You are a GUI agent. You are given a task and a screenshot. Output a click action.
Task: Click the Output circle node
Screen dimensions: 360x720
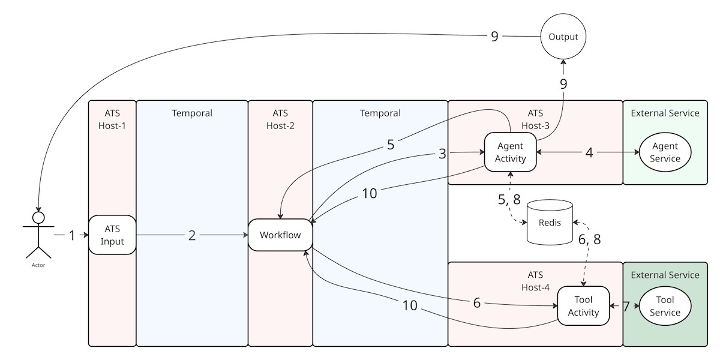(563, 37)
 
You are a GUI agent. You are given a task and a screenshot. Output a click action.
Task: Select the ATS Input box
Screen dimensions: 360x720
(112, 236)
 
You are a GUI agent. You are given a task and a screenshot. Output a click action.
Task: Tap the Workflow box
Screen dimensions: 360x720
(280, 235)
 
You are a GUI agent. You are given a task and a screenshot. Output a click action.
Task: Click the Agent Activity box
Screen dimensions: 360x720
(510, 152)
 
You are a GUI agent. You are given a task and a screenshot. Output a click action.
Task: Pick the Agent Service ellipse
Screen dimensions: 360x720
(665, 152)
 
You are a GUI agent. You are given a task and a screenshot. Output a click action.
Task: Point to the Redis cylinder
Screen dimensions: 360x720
(549, 223)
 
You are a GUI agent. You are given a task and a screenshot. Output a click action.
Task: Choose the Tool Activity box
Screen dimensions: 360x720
(583, 306)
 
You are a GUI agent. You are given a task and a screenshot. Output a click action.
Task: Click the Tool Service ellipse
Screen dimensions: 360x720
(665, 306)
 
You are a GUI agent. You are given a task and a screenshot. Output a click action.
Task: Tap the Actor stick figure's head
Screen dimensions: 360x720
(38, 217)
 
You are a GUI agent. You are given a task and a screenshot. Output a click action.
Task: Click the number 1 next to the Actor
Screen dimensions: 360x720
(72, 236)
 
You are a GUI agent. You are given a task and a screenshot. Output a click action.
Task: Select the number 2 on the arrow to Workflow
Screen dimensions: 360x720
(192, 235)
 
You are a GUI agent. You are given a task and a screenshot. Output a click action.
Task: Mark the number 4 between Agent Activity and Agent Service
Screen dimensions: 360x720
(589, 152)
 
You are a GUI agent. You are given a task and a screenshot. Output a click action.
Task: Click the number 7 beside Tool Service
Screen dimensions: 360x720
(626, 306)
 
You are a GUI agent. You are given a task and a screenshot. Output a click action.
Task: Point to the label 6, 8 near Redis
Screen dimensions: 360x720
(589, 239)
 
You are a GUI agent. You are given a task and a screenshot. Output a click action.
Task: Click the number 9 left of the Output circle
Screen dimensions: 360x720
(494, 37)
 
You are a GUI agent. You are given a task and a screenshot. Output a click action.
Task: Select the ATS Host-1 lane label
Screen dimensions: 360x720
(112, 119)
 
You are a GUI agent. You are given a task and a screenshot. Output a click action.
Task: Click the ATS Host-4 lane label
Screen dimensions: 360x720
(535, 281)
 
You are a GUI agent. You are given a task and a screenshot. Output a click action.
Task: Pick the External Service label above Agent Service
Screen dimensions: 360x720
(665, 113)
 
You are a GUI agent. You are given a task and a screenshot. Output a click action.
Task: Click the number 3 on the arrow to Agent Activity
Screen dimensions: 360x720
(443, 154)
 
